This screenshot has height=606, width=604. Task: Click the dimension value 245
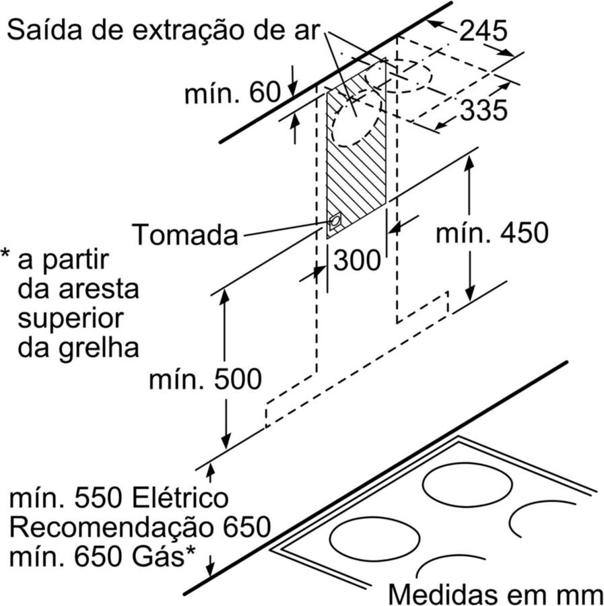tap(483, 30)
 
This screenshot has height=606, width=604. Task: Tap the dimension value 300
tap(357, 260)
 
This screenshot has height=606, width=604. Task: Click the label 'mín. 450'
tap(492, 233)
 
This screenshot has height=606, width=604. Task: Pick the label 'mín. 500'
tap(205, 380)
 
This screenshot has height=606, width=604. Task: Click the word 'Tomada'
tap(185, 236)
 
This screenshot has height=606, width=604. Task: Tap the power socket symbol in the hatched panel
tap(335, 221)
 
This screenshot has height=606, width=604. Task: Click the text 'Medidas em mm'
tap(495, 594)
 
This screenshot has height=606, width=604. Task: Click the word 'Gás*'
tap(167, 557)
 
